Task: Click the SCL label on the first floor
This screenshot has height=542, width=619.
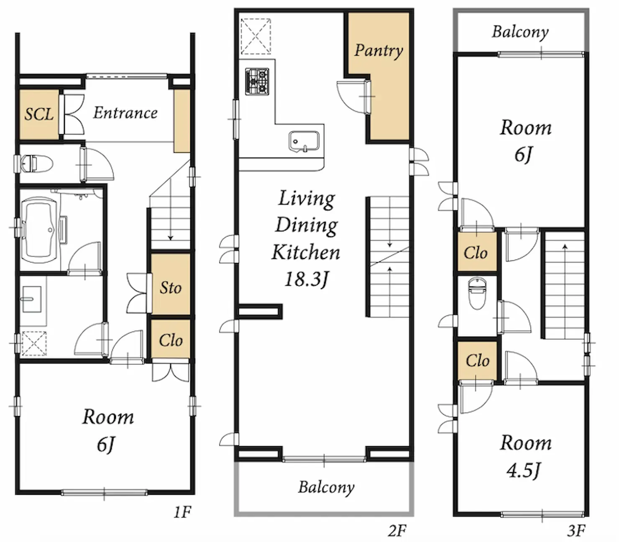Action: tap(39, 114)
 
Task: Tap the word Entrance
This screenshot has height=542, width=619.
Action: tap(125, 113)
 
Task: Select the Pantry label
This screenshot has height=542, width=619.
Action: tap(379, 51)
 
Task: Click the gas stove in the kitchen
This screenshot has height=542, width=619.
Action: tap(257, 82)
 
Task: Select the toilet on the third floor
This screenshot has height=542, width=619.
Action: tap(477, 294)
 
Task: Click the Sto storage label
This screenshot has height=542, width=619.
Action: tap(171, 287)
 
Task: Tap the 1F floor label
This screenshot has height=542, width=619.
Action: tap(182, 512)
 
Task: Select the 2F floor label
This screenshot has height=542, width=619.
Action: tap(397, 530)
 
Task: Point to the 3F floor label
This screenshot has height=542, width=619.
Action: tap(576, 530)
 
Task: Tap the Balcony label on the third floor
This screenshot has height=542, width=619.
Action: tap(520, 32)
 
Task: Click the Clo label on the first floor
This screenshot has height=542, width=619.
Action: tap(171, 340)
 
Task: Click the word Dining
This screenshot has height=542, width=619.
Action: tap(307, 226)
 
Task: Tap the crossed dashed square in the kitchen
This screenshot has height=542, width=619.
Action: tap(256, 36)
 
